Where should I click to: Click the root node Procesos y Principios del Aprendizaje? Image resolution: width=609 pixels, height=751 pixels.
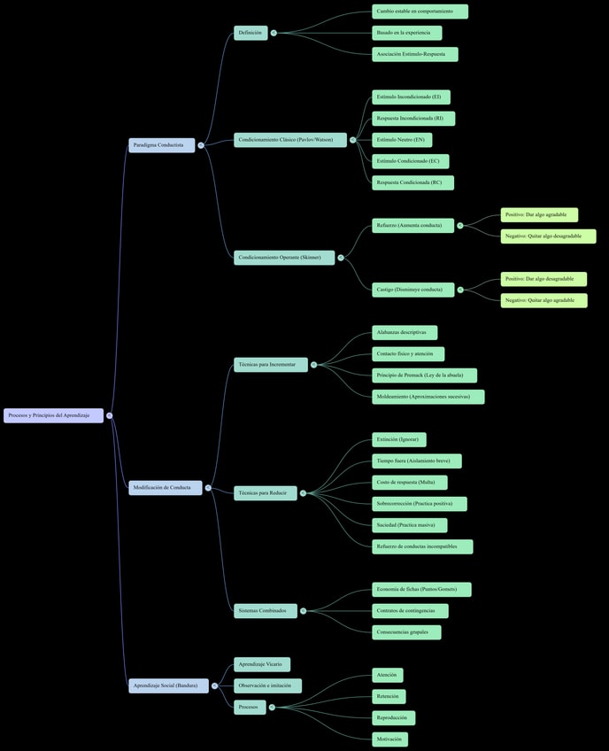(53, 415)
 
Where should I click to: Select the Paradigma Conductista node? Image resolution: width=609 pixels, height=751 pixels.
(161, 145)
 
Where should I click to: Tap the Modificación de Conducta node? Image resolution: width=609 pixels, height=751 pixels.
(165, 487)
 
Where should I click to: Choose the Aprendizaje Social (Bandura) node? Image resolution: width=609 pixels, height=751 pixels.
(168, 685)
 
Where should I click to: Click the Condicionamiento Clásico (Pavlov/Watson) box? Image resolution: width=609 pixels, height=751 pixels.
(290, 140)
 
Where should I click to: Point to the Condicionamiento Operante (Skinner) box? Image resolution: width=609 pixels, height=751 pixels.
(284, 258)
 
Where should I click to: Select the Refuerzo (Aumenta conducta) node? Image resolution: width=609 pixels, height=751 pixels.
(412, 226)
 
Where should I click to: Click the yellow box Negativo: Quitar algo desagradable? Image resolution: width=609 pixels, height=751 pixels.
(548, 236)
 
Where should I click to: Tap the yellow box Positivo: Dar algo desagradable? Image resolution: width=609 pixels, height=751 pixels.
(543, 279)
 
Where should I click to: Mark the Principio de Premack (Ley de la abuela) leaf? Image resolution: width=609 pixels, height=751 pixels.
(424, 375)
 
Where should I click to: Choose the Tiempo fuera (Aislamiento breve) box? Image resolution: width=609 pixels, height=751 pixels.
(416, 461)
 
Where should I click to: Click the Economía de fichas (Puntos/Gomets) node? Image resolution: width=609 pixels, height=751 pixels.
(421, 590)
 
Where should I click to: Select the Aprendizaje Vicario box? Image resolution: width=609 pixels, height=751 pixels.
(262, 664)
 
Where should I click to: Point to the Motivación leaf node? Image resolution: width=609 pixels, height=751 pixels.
(389, 739)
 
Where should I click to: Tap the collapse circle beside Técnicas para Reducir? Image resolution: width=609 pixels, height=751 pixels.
(303, 493)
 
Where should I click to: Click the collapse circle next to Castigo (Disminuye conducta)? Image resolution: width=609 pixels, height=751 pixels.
(460, 290)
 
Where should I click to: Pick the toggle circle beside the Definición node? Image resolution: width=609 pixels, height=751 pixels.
(274, 33)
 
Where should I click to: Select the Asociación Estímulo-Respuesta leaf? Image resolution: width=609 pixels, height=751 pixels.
(414, 54)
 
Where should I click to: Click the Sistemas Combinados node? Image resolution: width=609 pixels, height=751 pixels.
(266, 611)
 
